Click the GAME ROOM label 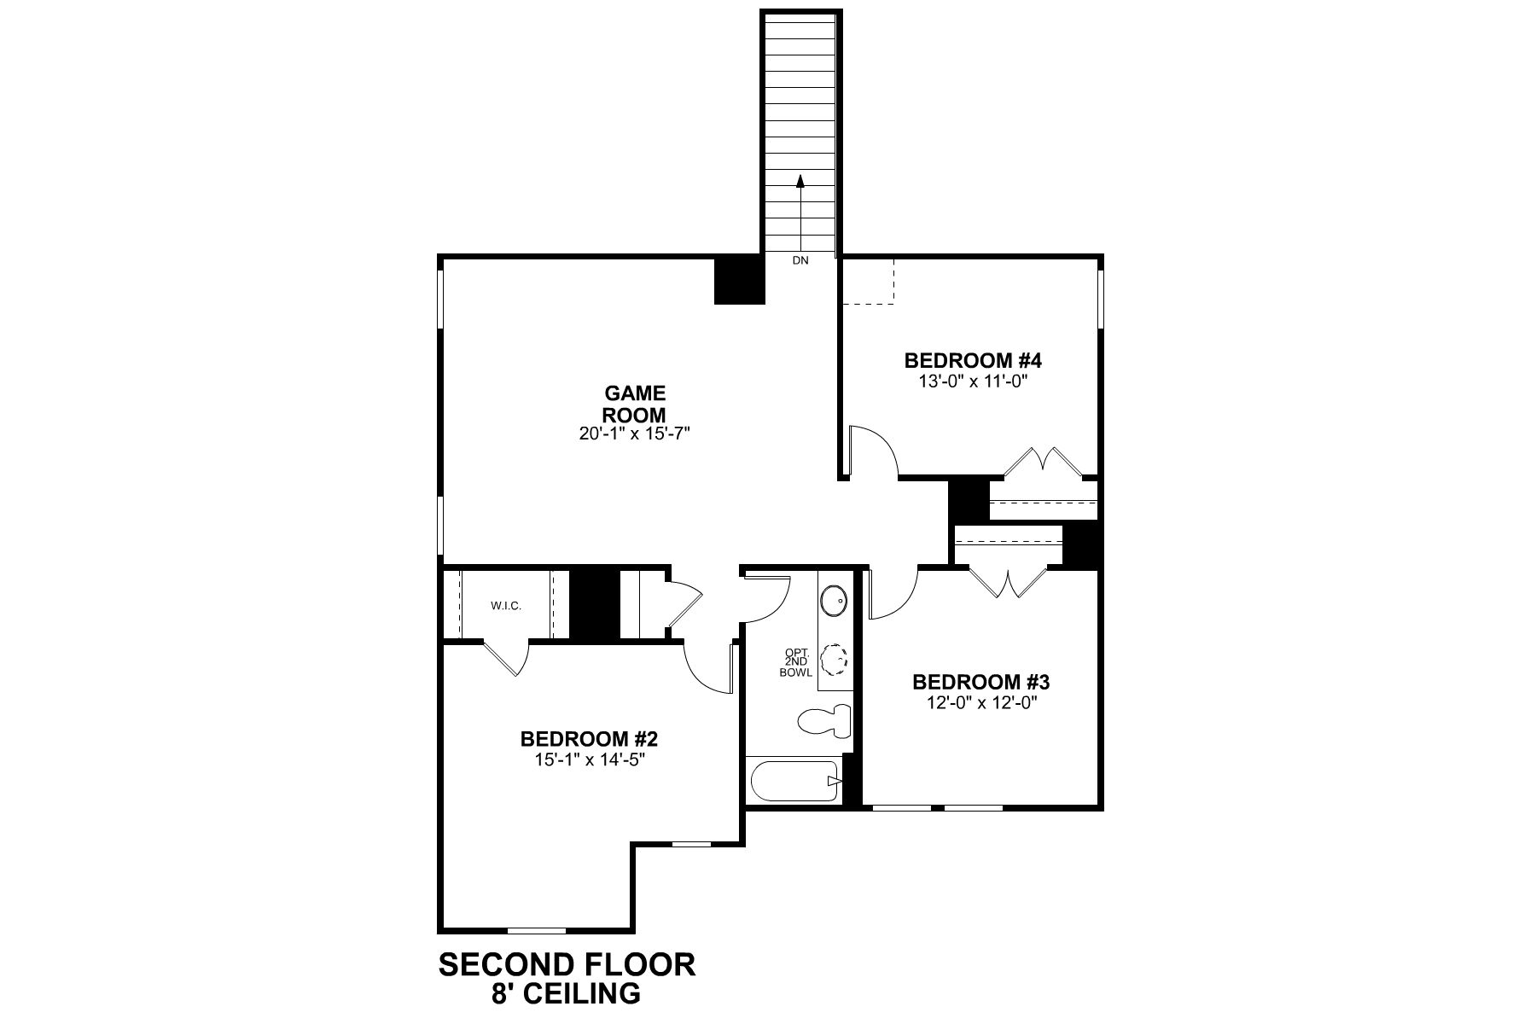coord(635,404)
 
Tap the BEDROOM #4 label coord(973,360)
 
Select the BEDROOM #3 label coord(980,683)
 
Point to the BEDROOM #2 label coord(589,739)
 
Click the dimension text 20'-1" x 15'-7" coord(634,433)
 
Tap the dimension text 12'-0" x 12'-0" coord(980,703)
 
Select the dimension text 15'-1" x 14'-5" coord(589,759)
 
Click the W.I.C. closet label coord(505,606)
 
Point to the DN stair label coord(800,261)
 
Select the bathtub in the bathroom coord(794,780)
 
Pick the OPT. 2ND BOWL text coord(795,663)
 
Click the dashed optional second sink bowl coord(834,660)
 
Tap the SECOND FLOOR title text coord(567,965)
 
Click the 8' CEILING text coord(567,994)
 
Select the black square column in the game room coord(738,280)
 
